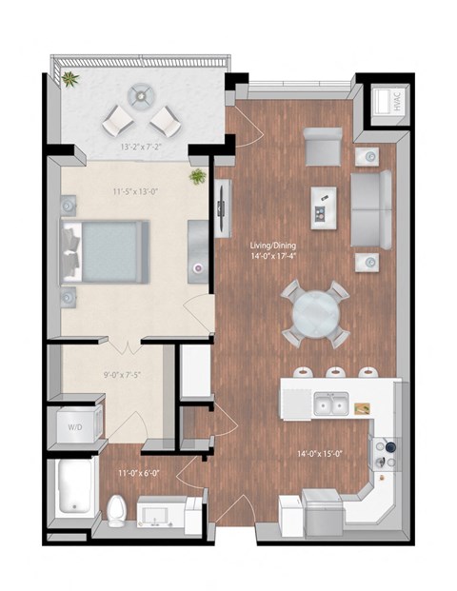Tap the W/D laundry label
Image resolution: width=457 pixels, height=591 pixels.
coord(74,427)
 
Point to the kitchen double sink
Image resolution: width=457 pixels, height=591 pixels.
coord(329,406)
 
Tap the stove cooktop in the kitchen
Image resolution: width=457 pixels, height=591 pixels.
coord(385,455)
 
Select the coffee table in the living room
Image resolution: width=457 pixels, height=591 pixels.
coord(324,202)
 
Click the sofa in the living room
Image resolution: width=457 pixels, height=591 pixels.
coord(371,208)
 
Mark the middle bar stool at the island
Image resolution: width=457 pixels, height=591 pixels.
coord(335,372)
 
